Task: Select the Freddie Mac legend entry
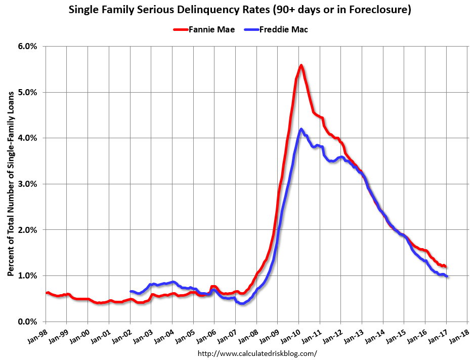coord(283,29)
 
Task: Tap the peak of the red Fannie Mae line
coord(301,65)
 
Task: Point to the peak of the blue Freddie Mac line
coord(301,129)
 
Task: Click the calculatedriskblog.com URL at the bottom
coord(257,353)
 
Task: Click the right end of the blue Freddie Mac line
coord(447,276)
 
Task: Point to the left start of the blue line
coord(131,291)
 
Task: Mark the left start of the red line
coord(46,293)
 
